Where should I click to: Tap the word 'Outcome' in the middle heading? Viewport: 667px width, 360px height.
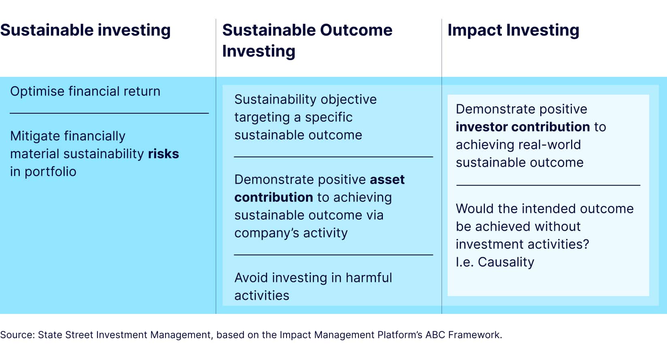coord(356,30)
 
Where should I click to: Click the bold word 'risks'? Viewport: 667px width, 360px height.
coord(164,154)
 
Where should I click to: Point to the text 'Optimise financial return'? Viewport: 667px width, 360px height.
coord(85,91)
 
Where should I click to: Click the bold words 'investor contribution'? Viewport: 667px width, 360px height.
coord(523,127)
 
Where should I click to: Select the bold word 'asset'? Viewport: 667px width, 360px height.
coord(387,180)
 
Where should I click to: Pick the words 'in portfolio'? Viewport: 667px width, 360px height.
coord(43,172)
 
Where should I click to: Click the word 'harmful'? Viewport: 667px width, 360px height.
coord(369,277)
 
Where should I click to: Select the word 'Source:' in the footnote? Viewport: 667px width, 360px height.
coord(17,335)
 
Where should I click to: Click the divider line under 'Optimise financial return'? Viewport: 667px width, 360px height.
coord(109,113)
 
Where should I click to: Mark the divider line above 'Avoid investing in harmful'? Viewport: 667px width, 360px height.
coord(333,255)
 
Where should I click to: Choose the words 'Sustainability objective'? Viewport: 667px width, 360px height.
coord(306,100)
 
